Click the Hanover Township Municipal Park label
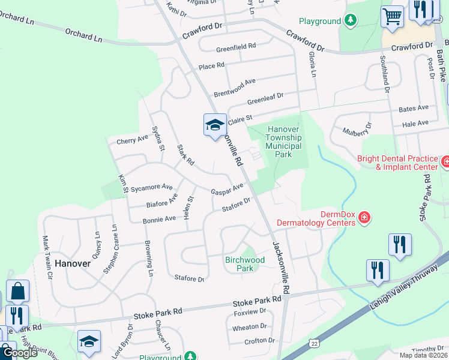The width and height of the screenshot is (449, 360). (x=287, y=142)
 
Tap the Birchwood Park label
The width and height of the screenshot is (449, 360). (x=245, y=264)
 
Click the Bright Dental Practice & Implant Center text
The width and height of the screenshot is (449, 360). (x=397, y=163)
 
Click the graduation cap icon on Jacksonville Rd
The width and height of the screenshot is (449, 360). (x=215, y=125)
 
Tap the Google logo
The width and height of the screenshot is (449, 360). (x=19, y=352)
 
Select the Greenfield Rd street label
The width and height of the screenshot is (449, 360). (x=237, y=46)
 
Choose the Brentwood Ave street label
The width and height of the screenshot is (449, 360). (x=235, y=87)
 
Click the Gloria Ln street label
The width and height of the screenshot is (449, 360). (x=312, y=64)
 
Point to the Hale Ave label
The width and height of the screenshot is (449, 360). (x=416, y=123)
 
